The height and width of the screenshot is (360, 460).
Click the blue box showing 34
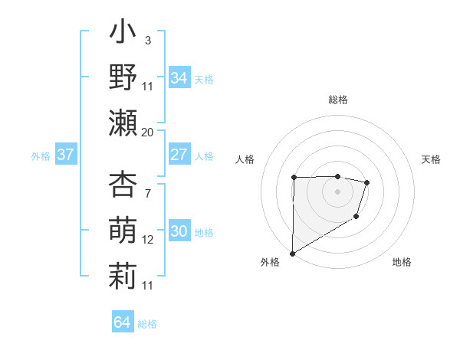tap(179, 78)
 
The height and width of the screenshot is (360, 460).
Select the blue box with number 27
tap(179, 155)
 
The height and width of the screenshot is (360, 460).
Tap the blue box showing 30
tap(179, 232)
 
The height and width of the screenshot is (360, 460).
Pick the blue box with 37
tap(66, 155)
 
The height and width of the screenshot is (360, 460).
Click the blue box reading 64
tap(123, 322)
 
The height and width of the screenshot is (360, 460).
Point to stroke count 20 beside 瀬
tap(148, 133)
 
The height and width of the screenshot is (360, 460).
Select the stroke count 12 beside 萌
tap(148, 240)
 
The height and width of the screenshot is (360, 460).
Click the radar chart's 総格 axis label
tap(337, 100)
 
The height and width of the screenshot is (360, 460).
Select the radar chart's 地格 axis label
tap(402, 263)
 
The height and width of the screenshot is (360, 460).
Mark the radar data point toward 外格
tap(292, 253)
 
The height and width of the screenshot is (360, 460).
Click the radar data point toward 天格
tap(367, 182)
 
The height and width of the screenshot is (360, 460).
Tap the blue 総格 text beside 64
tap(147, 324)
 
